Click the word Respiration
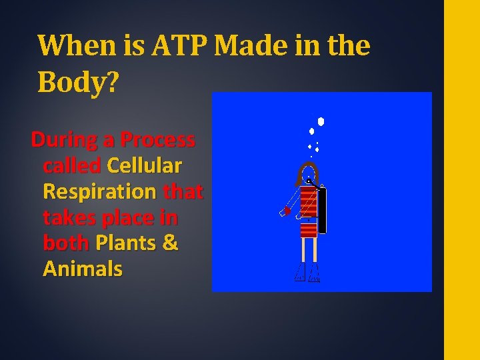[x=99, y=191]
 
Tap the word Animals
[x=83, y=269]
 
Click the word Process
[x=159, y=140]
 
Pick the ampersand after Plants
[x=171, y=243]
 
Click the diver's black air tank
[x=322, y=211]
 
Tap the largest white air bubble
[x=321, y=122]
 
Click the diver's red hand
[x=287, y=211]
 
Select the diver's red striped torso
[x=308, y=211]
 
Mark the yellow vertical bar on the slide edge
[x=461, y=180]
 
